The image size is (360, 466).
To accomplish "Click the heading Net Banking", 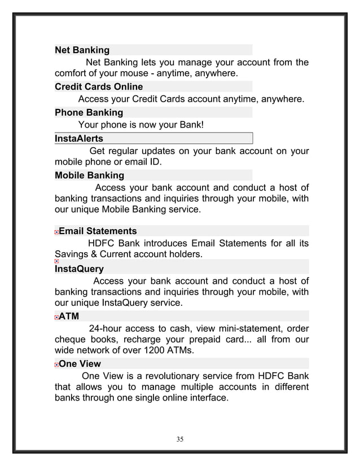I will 82,50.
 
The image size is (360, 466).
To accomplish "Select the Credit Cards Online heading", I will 98,87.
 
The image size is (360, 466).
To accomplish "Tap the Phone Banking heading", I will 88,112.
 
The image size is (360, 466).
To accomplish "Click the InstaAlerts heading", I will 78,138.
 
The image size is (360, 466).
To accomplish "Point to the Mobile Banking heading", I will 89,175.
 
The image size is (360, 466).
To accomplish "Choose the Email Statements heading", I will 98,231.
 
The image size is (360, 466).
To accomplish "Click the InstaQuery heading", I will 78,269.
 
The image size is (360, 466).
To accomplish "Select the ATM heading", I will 69,316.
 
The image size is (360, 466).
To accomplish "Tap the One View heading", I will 80,364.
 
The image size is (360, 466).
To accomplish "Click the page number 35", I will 179,439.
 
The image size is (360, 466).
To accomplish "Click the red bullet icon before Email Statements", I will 56,231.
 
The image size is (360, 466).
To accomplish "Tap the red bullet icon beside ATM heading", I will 56,317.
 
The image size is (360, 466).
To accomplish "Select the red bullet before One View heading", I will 56,364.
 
